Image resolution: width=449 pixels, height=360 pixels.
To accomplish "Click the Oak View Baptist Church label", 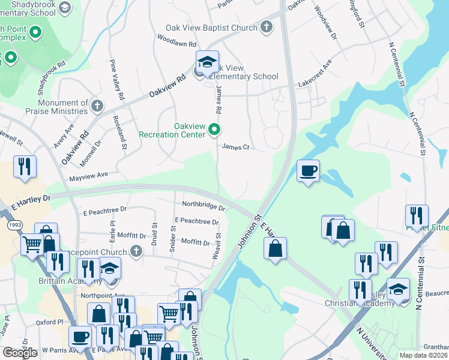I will [211, 28].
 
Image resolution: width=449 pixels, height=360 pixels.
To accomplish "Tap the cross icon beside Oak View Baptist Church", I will [267, 27].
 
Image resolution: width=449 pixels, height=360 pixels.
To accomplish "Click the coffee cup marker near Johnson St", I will [308, 171].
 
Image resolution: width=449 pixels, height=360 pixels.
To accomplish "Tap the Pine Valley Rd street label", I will [116, 80].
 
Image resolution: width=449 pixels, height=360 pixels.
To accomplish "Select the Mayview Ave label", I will [88, 175].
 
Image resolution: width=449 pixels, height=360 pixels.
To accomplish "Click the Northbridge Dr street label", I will [203, 205].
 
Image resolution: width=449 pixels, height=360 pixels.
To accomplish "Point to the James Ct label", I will [235, 146].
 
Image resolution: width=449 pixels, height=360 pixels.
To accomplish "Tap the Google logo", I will [20, 352].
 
